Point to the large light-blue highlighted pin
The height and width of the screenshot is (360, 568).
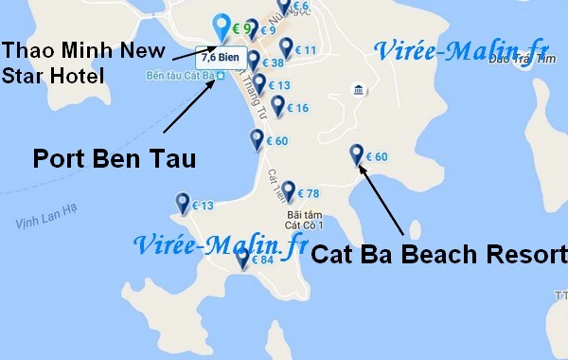pos(222,27)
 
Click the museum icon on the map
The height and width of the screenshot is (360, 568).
pos(358,90)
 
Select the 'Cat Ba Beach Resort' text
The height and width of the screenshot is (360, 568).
pos(438,254)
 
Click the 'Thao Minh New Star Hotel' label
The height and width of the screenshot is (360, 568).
pos(83,63)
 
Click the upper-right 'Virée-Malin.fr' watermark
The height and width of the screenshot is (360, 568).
pos(461,49)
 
